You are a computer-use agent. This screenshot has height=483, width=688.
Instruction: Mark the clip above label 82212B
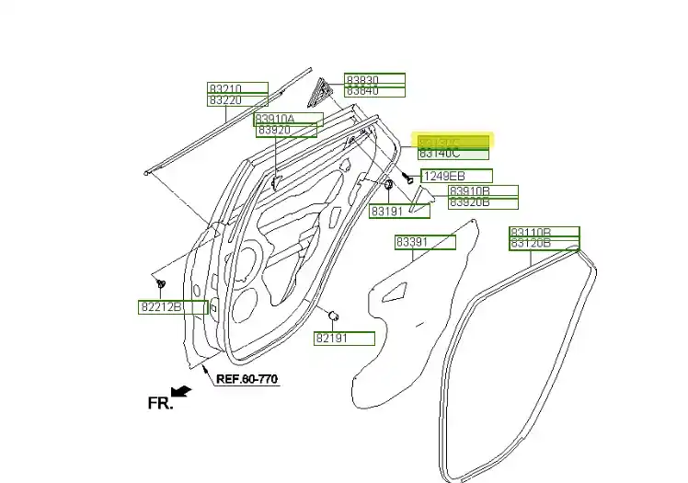tap(160, 281)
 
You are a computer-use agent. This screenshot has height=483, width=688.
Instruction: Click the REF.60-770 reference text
tap(247, 378)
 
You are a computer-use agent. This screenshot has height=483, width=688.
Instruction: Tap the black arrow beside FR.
tap(182, 391)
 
